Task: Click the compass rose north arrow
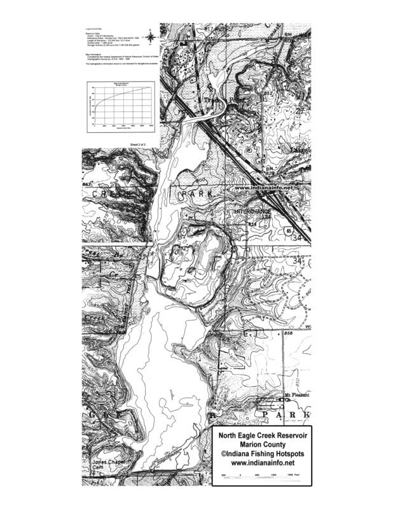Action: point(150,38)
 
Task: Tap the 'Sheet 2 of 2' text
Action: point(138,145)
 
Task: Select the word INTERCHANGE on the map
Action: point(252,211)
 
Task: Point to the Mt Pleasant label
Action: point(296,395)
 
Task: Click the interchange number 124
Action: point(267,218)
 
